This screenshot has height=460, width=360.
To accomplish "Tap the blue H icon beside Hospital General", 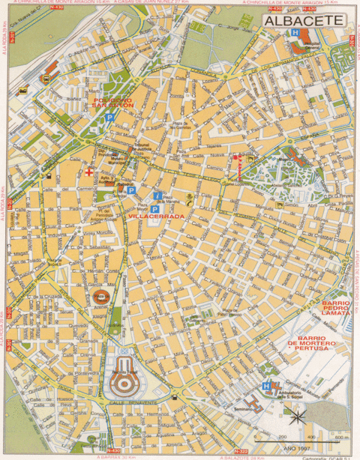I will [x=296, y=34].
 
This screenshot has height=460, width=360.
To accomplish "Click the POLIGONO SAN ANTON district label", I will [x=112, y=103].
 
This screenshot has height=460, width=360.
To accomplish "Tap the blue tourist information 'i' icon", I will [x=157, y=196].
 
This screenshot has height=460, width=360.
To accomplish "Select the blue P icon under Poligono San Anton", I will [x=110, y=118].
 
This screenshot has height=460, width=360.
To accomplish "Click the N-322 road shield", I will [x=240, y=450].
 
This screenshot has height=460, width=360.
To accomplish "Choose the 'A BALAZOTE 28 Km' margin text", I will [x=247, y=456].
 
